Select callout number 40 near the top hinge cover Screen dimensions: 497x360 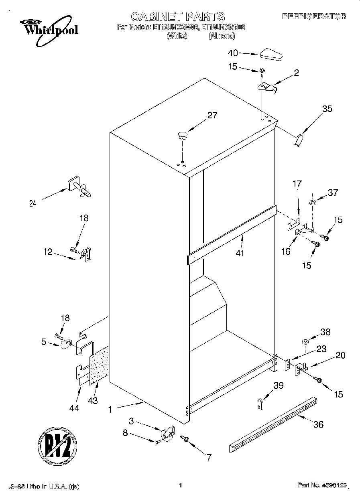point(233,53)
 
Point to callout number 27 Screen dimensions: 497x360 point(212,116)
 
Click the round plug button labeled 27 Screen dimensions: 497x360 point(183,135)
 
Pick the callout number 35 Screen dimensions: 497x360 point(327,108)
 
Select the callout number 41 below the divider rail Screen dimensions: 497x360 point(240,253)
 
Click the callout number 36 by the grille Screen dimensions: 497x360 point(318,424)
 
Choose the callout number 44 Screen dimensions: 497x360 point(74,408)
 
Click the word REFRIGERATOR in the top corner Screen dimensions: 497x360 point(314,16)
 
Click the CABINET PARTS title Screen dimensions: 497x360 point(178,16)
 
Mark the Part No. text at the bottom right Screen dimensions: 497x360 point(322,485)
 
